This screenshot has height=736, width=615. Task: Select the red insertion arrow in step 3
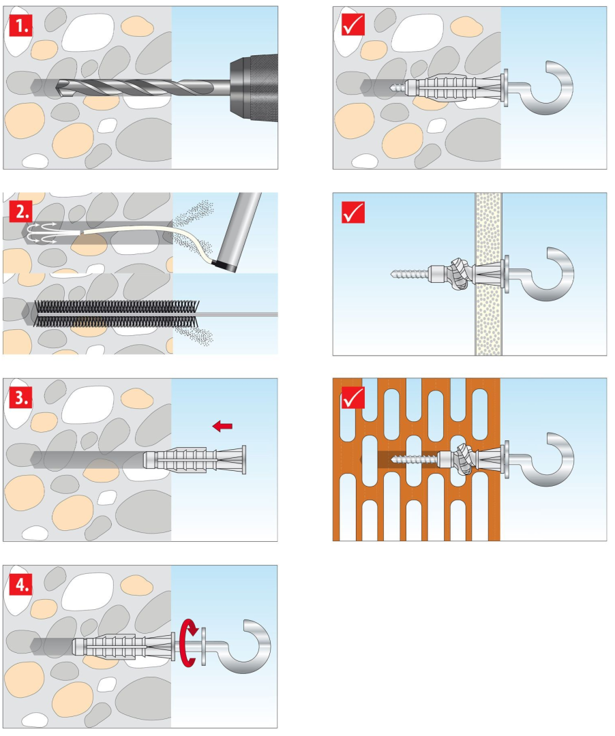[x=222, y=426]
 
